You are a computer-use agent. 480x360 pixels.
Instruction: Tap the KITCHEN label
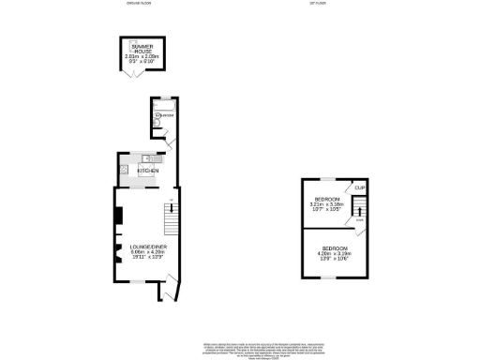point(148,172)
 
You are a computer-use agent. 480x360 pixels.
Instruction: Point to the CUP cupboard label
point(359,188)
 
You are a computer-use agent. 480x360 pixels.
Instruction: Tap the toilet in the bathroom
point(161,121)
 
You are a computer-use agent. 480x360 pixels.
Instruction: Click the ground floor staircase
point(171,220)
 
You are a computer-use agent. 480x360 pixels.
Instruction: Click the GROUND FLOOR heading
point(138,4)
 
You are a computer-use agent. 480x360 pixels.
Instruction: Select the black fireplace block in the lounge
point(117,216)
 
